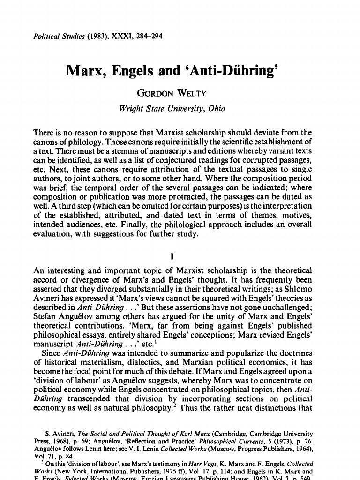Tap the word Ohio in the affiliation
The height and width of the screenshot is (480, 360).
(x=202, y=109)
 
